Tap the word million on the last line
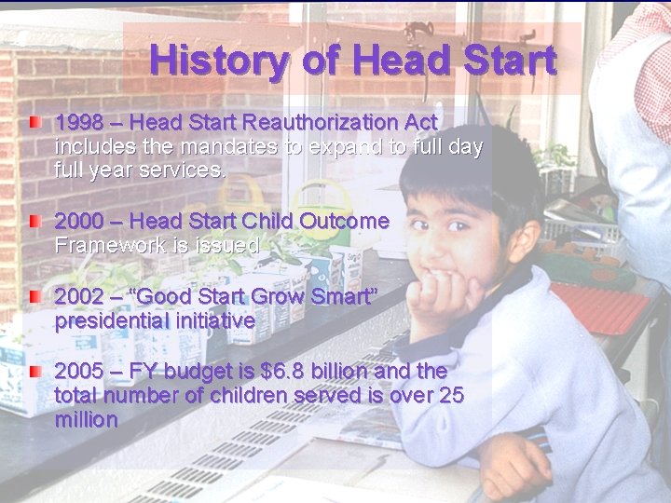[x=87, y=420]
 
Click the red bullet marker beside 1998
[x=34, y=122]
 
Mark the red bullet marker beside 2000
[x=34, y=222]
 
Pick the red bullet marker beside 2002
[x=34, y=297]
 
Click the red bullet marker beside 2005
[x=34, y=372]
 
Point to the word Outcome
[x=344, y=222]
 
